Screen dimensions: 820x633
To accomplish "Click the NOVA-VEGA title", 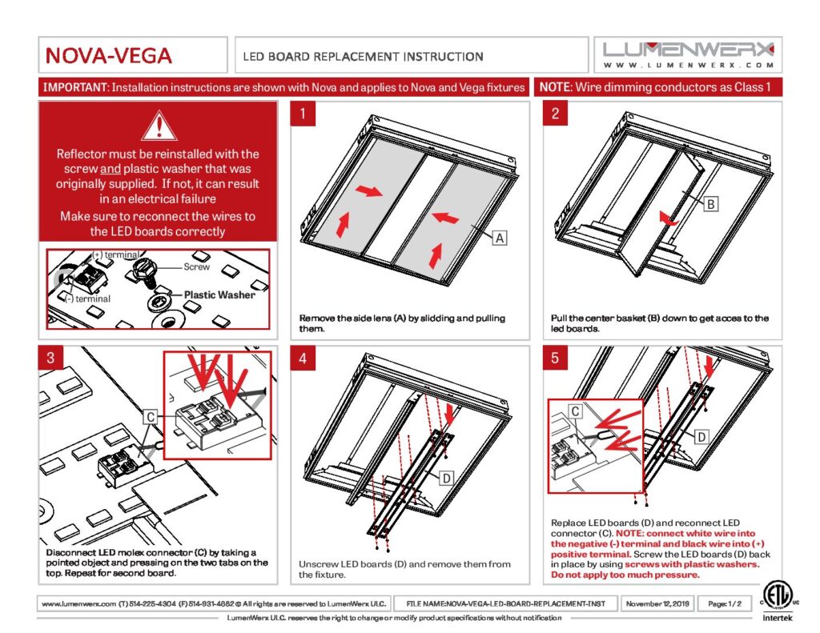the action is coord(109,55).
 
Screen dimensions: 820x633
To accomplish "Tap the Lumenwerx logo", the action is coord(688,55).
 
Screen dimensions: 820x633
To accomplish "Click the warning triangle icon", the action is coord(159,126).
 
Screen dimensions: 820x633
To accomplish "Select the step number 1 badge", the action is coord(303,114).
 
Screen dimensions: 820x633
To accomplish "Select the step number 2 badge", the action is coord(556,114).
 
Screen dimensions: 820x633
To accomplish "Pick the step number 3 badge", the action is coord(50,358).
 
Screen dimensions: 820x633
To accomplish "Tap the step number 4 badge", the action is coord(303,358).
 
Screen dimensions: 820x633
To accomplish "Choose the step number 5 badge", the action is coord(556,358).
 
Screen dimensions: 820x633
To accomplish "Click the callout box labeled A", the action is coord(500,238).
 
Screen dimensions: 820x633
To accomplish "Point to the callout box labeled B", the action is coord(711,204).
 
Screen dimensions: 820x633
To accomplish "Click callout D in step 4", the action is coord(446,478).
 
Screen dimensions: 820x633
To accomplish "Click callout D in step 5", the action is coord(701,436).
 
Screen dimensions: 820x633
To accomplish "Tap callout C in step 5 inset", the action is coord(575,411).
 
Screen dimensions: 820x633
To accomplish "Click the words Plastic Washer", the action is coord(219,294).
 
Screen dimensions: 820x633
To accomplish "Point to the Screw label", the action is coord(197,266).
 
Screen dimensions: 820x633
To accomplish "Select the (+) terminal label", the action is coord(115,254).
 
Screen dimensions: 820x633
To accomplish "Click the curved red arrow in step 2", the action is coord(669,219).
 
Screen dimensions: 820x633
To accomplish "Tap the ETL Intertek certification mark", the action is coord(777,601).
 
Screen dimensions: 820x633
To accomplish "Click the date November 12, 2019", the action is coord(657,603).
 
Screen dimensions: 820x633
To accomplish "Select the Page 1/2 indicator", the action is coord(724,603).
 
